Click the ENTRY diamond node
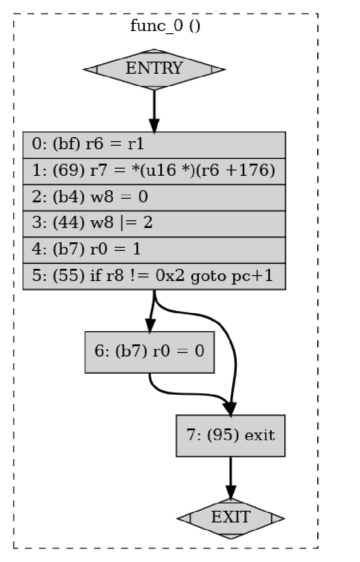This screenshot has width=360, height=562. point(154,69)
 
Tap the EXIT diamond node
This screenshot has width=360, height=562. point(230,518)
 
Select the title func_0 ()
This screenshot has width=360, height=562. point(165,26)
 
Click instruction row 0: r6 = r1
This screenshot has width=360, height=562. point(154,145)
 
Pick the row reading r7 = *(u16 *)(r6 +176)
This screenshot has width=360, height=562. point(154,171)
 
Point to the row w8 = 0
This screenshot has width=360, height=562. point(154,197)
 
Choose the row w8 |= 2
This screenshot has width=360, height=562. point(154,223)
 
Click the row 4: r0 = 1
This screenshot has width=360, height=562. point(154,249)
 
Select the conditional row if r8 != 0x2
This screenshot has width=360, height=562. point(154,276)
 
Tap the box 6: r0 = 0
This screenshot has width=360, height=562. point(149,352)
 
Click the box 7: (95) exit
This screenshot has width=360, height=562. point(230,435)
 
